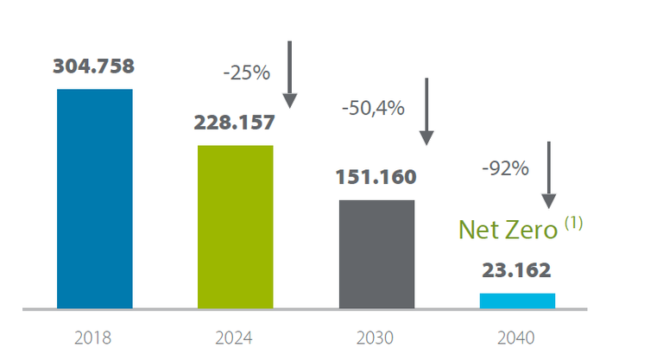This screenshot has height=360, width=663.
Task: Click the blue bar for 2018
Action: [95, 198]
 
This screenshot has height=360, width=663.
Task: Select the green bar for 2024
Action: [235, 226]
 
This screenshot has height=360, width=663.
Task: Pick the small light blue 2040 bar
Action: [517, 300]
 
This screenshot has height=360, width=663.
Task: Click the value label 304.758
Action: [94, 66]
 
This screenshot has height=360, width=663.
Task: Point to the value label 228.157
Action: [235, 123]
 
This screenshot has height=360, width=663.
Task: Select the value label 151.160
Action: [376, 178]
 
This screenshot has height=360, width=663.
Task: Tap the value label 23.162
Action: [516, 271]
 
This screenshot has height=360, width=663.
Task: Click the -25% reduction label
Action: [247, 73]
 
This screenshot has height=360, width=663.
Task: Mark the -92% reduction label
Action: [505, 168]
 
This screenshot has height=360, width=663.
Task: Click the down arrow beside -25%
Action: [290, 74]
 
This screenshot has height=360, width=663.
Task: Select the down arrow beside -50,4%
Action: [426, 112]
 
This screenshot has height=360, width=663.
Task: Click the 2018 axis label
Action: [95, 338]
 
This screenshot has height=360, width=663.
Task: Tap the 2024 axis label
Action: [235, 338]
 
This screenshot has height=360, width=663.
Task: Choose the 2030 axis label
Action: [376, 338]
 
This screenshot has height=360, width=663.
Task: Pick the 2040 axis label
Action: [516, 338]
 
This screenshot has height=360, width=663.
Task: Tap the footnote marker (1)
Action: [574, 223]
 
